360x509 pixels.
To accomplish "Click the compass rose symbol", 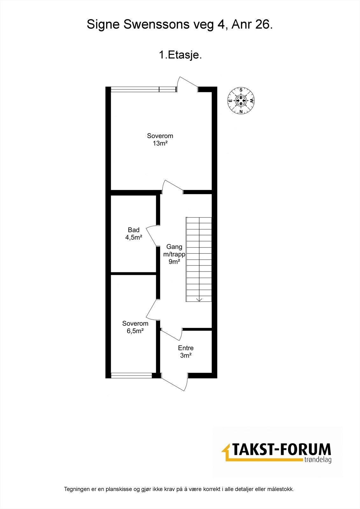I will pyautogui.click(x=241, y=101).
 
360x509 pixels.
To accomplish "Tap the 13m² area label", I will pyautogui.click(x=160, y=143).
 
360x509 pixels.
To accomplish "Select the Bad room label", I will pyautogui.click(x=134, y=230).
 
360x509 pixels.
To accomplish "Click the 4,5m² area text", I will pyautogui.click(x=134, y=237).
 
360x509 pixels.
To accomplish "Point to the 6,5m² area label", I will pyautogui.click(x=135, y=331).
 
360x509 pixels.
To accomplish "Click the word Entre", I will pyautogui.click(x=186, y=348).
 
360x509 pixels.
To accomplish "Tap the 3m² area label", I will pyautogui.click(x=186, y=356).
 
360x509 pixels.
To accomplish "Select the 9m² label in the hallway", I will pyautogui.click(x=174, y=262).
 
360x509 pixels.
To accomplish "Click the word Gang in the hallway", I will pyautogui.click(x=174, y=247).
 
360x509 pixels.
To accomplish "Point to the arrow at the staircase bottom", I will pyautogui.click(x=199, y=299).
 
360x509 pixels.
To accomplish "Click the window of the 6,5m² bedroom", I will pyautogui.click(x=131, y=375).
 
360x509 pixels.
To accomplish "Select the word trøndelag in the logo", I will pyautogui.click(x=317, y=460).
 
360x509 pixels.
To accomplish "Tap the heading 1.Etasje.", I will pyautogui.click(x=180, y=55).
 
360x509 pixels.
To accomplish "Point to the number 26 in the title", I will pyautogui.click(x=263, y=25).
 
